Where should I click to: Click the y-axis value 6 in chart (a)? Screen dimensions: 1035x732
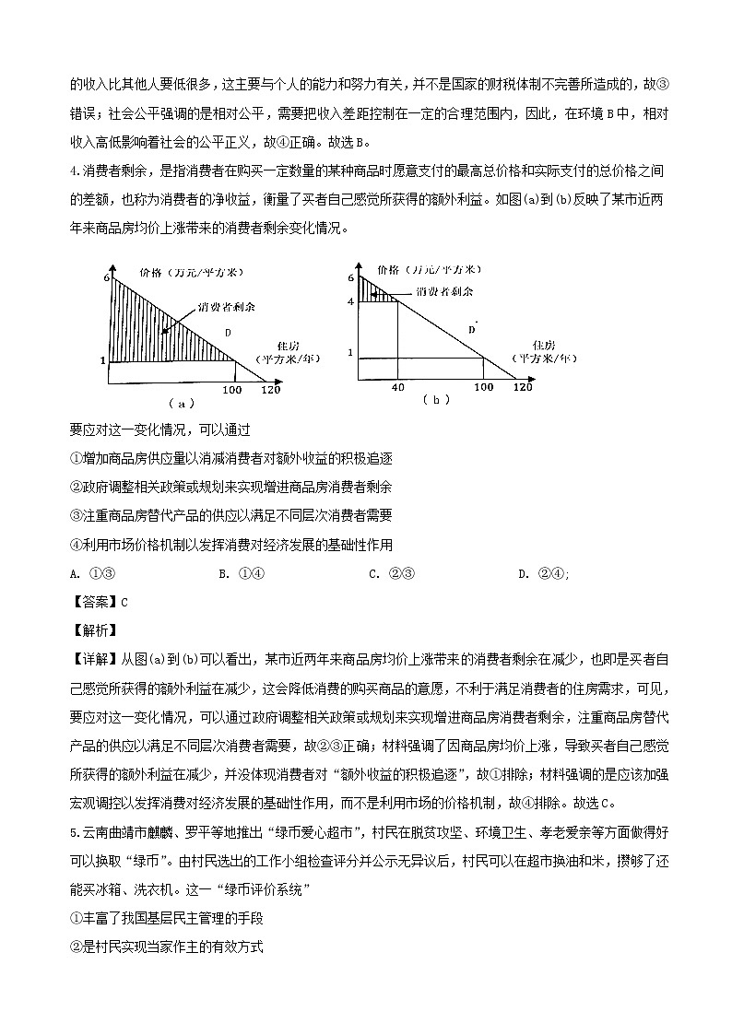[107, 277]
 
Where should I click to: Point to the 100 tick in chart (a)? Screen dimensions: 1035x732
[232, 390]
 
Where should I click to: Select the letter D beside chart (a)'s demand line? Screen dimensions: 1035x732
[228, 332]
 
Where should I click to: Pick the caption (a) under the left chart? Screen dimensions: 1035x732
[181, 404]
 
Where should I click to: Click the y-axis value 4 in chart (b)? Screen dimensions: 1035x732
[351, 301]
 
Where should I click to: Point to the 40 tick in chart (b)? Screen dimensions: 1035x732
[398, 387]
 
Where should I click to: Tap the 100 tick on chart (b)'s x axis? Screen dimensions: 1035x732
[484, 387]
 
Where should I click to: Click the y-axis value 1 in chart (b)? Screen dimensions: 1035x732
[350, 352]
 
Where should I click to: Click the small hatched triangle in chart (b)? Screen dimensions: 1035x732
[372, 291]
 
